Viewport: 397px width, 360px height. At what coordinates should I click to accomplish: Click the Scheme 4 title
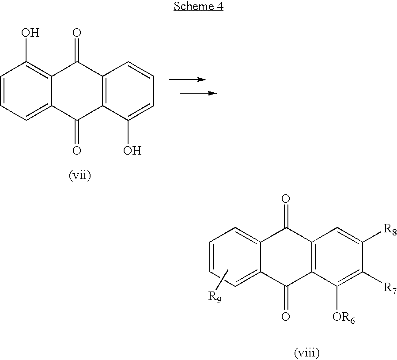pyautogui.click(x=198, y=6)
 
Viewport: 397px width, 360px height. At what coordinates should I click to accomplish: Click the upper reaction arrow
pyautogui.click(x=188, y=80)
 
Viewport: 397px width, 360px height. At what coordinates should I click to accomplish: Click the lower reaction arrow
pyautogui.click(x=198, y=93)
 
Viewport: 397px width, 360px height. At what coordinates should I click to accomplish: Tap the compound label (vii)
pyautogui.click(x=80, y=175)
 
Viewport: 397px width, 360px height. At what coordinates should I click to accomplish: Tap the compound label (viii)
pyautogui.click(x=307, y=352)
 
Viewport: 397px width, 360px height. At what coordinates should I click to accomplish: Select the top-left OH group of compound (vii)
pyautogui.click(x=30, y=33)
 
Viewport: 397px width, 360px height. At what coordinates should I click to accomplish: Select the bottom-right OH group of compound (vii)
pyautogui.click(x=132, y=151)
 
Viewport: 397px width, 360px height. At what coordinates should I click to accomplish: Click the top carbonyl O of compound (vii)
pyautogui.click(x=77, y=33)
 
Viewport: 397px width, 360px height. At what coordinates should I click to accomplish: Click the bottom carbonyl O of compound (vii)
pyautogui.click(x=77, y=151)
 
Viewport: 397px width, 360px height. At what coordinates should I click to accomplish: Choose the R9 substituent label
pyautogui.click(x=215, y=297)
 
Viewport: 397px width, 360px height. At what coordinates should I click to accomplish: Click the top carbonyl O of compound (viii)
pyautogui.click(x=286, y=199)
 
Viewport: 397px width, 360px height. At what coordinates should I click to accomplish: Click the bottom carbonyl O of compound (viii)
pyautogui.click(x=286, y=316)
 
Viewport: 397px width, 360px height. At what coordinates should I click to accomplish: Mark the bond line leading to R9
pyautogui.click(x=222, y=280)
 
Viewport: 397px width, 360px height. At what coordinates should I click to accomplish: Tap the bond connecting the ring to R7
pyautogui.click(x=372, y=277)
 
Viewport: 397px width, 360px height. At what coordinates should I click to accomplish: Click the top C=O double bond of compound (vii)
pyautogui.click(x=77, y=51)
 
